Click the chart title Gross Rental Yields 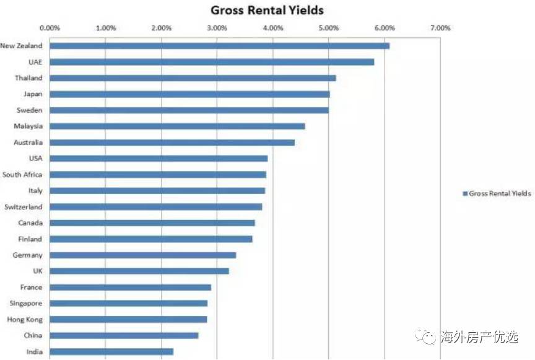pyautogui.click(x=267, y=11)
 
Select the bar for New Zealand pyautogui.click(x=219, y=45)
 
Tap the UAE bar pyautogui.click(x=212, y=61)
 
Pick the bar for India pyautogui.click(x=111, y=351)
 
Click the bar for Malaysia pyautogui.click(x=177, y=126)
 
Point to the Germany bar pyautogui.click(x=142, y=255)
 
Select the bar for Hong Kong pyautogui.click(x=128, y=319)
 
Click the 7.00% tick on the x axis pyautogui.click(x=440, y=28)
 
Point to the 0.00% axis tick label pyautogui.click(x=50, y=28)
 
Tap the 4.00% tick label pyautogui.click(x=272, y=28)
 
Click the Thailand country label pyautogui.click(x=28, y=77)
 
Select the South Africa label pyautogui.click(x=22, y=174)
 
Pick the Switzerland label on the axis pyautogui.click(x=23, y=206)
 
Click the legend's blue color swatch pyautogui.click(x=464, y=193)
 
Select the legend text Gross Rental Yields pyautogui.click(x=500, y=193)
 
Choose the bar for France pyautogui.click(x=130, y=287)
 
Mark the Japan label pyautogui.click(x=33, y=94)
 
